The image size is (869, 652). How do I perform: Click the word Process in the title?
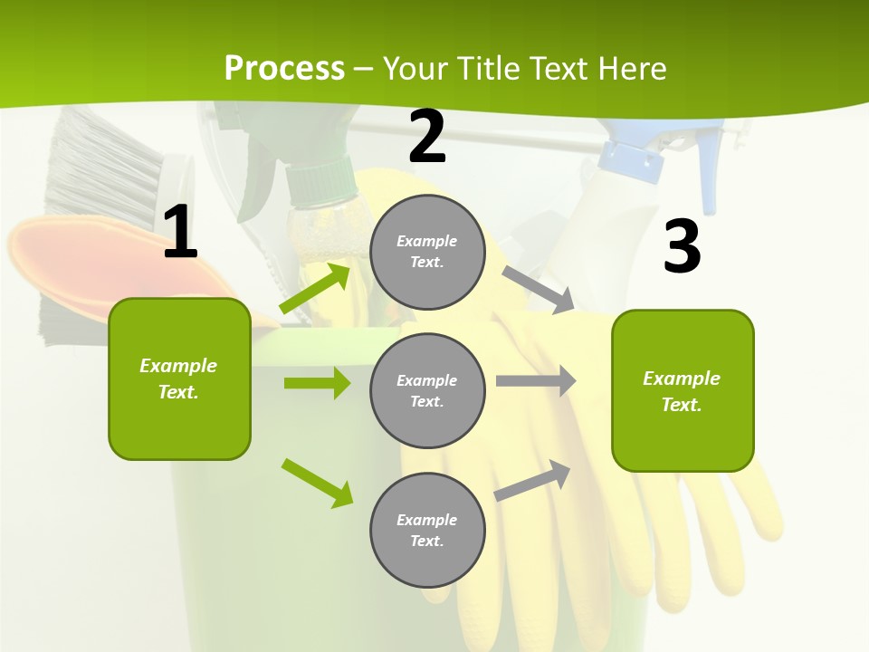pos(284,68)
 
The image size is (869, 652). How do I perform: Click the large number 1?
pos(180,232)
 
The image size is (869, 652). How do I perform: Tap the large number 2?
pos(427,137)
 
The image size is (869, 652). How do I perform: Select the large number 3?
pos(682,247)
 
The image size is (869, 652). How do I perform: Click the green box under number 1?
pos(179,379)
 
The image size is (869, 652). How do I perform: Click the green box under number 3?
pos(683,391)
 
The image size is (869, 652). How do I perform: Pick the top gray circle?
pos(427,252)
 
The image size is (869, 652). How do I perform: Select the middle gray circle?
pos(427,390)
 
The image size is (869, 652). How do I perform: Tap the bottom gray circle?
pos(427,530)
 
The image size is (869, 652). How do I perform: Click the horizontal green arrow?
pos(317,383)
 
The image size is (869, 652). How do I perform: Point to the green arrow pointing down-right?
pos(317,483)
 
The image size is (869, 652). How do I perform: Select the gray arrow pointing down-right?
pos(538,289)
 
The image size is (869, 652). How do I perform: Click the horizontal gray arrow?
pos(535,380)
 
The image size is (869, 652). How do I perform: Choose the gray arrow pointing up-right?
pos(533,480)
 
